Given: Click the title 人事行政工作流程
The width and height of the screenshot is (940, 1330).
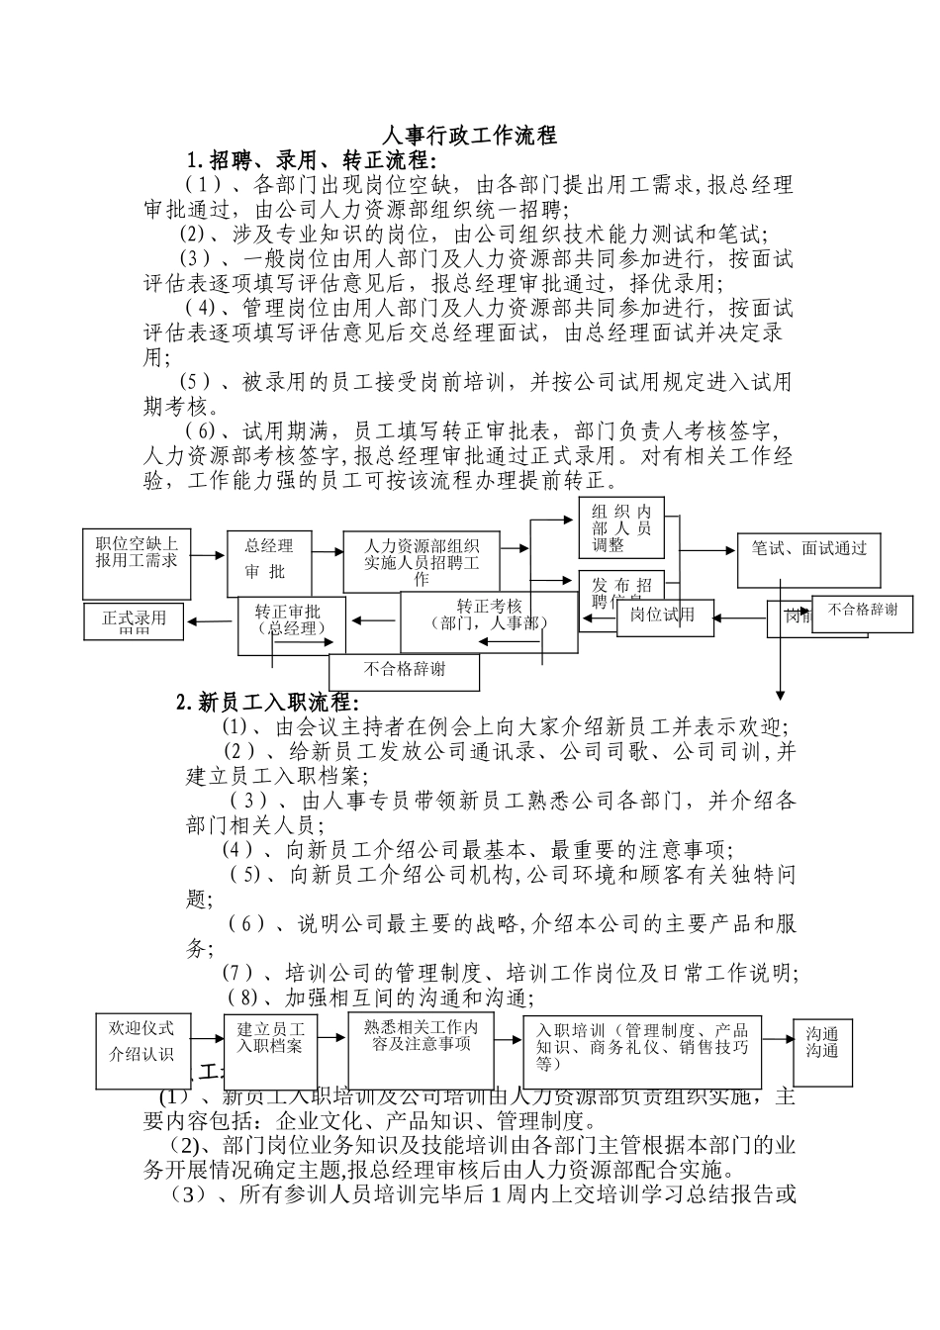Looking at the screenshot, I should [x=469, y=136].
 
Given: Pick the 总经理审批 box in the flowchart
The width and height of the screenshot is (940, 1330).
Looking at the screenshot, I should [x=268, y=560].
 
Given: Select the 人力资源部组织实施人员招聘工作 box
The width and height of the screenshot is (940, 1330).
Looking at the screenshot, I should [x=422, y=561].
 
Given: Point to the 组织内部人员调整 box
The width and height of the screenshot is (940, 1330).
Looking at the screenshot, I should [x=621, y=528].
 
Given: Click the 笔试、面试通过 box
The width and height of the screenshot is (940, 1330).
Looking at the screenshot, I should [x=809, y=560].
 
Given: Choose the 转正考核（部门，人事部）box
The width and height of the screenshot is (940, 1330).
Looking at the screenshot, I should [x=489, y=620].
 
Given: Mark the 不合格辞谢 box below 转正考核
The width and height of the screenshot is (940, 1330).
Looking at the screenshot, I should [x=404, y=670].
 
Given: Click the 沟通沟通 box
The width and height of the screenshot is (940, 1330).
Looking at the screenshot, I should [x=822, y=1045].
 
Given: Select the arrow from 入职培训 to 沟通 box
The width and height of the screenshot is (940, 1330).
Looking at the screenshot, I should [x=777, y=1034].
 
